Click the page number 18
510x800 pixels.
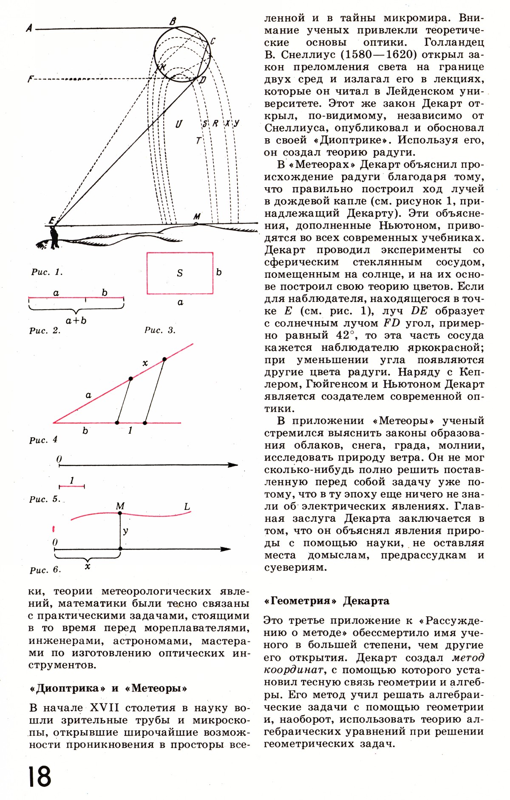40,777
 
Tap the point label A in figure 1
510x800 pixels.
29,28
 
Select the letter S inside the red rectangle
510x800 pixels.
180,273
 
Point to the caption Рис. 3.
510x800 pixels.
160,330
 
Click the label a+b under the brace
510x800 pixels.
76,320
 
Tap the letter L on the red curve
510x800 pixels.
187,507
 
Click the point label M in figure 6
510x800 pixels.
120,506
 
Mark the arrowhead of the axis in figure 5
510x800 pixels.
233,465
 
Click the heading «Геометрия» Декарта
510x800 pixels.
326,601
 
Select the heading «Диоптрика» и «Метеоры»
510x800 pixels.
108,688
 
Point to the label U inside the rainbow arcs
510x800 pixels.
178,124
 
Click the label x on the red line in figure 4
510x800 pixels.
145,363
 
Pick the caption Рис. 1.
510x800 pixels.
47,272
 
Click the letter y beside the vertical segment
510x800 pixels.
126,531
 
